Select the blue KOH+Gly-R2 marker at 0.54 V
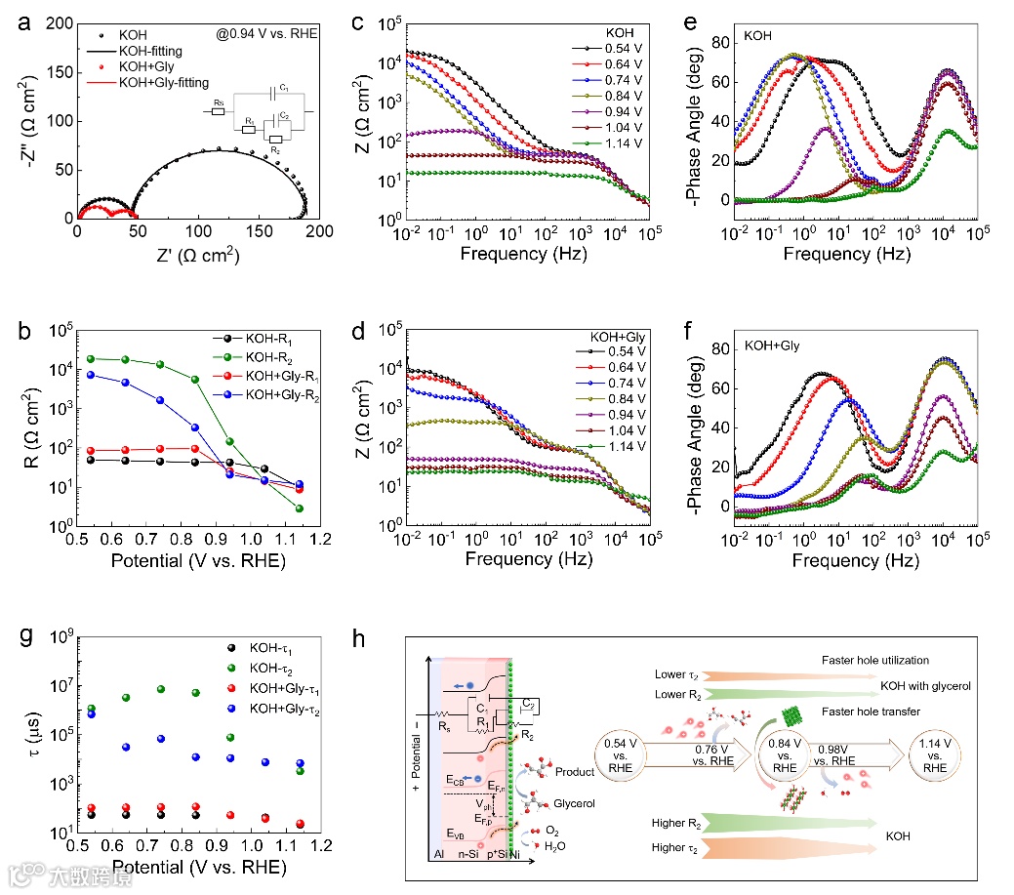point(90,375)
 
